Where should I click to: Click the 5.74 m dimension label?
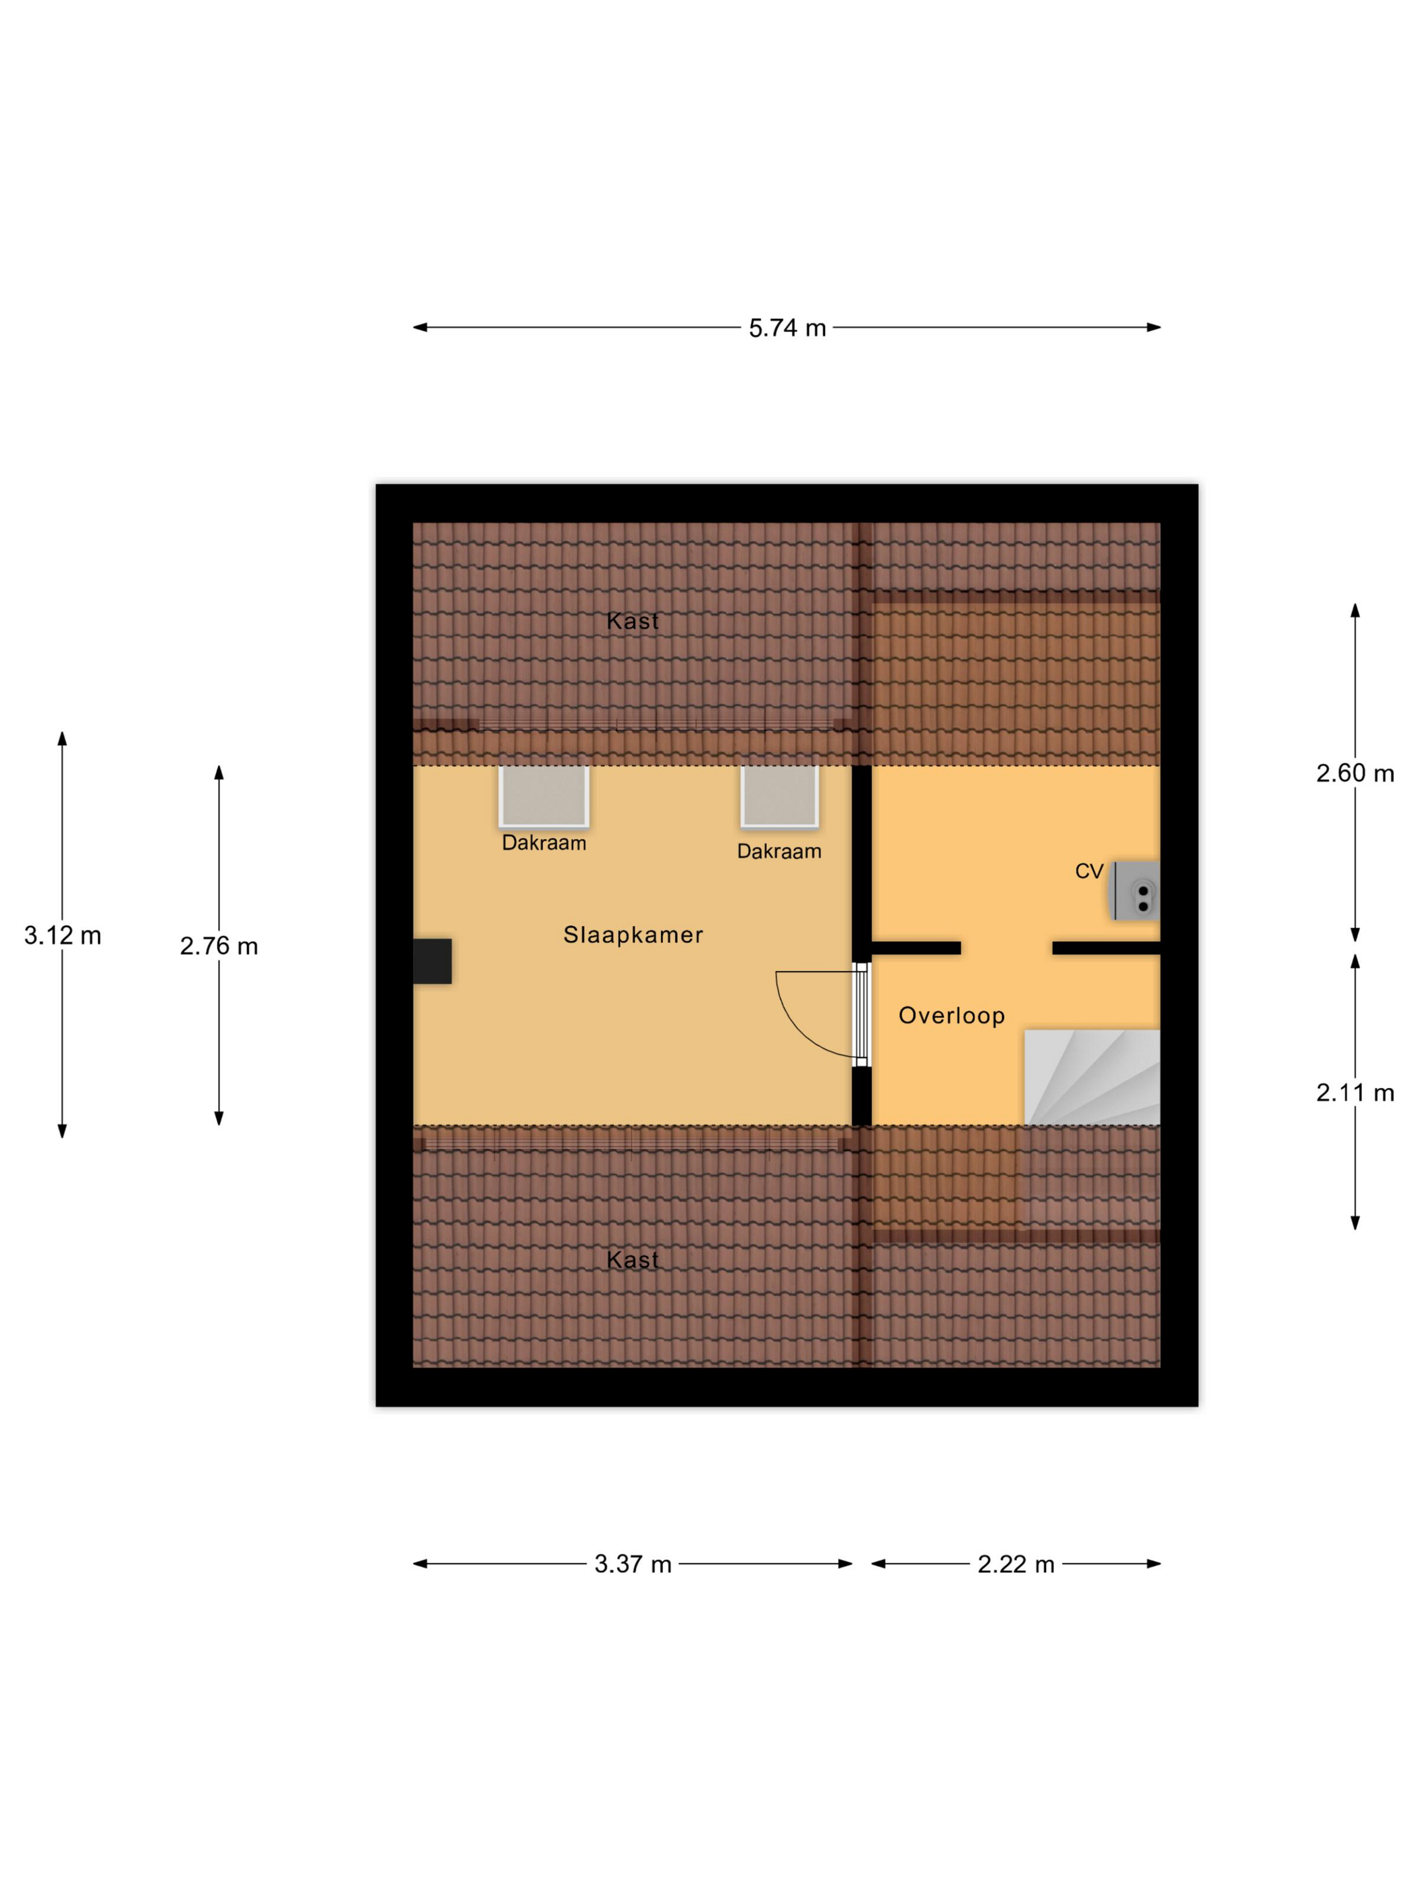pos(787,328)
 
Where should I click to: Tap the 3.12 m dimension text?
pos(62,935)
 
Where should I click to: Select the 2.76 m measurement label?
pos(219,946)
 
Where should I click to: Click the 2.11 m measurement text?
pos(1355,1093)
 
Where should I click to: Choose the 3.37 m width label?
pos(633,1564)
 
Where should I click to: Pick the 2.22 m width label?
pos(1016,1564)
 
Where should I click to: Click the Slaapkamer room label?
pos(633,935)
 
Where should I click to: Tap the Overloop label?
pos(951,1016)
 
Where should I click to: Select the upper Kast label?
pos(633,621)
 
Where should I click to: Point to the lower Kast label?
pos(633,1260)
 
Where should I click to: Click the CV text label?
pos(1089,871)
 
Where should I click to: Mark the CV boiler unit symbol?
pos(1135,891)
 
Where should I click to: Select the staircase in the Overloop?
pos(1093,1077)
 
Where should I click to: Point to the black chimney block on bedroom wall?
pos(433,961)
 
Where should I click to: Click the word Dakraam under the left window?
pos(544,843)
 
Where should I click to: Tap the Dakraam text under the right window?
pos(779,852)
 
